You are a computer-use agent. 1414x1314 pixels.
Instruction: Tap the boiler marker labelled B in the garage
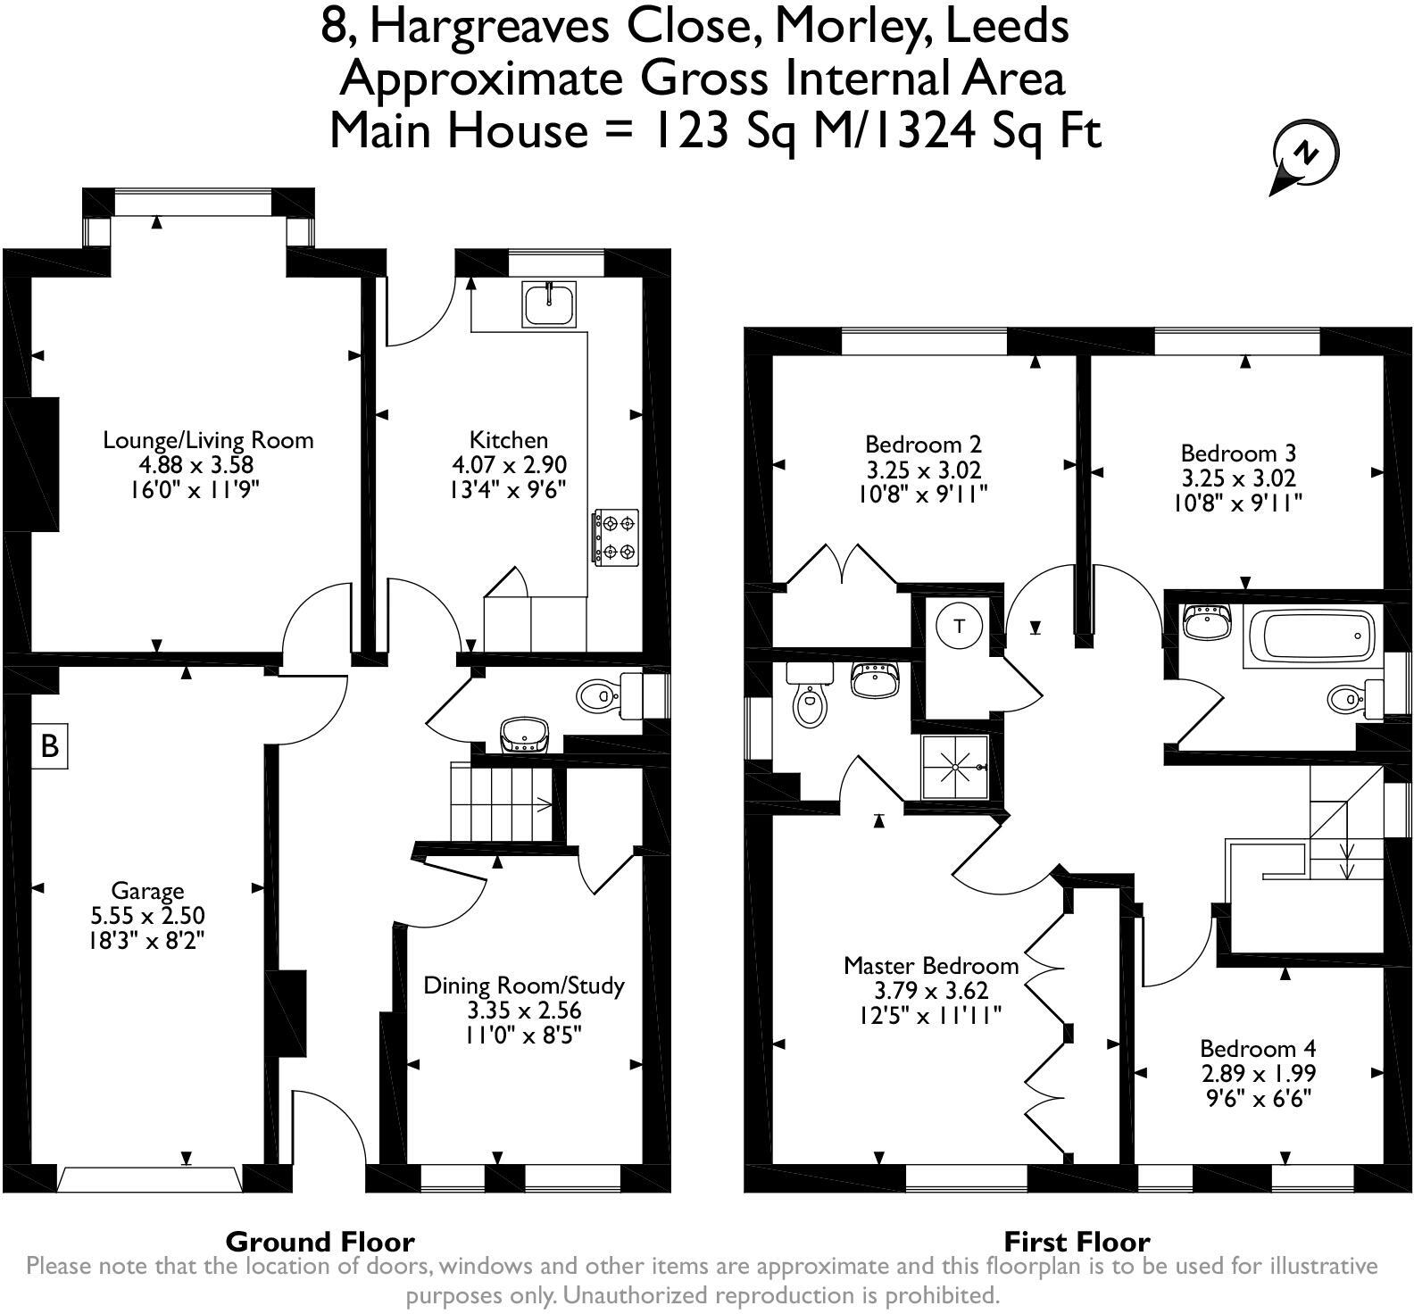(x=50, y=744)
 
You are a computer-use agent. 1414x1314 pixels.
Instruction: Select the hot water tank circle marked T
(x=960, y=626)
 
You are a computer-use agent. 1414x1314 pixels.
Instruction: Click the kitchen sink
(x=550, y=304)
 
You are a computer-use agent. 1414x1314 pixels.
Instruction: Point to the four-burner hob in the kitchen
(x=615, y=536)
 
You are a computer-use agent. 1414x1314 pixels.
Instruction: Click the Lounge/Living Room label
(x=208, y=440)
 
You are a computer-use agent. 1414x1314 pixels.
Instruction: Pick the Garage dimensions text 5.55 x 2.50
(x=147, y=915)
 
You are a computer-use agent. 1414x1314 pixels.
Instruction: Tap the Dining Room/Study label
(x=523, y=985)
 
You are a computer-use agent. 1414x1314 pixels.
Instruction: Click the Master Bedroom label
(x=931, y=965)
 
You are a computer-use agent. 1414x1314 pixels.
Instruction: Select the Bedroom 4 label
(x=1258, y=1048)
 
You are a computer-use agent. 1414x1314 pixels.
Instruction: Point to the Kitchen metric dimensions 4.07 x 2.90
(x=509, y=465)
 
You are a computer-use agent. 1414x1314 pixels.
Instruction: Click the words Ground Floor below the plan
(x=320, y=1242)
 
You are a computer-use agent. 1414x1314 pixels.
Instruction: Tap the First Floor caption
(x=1077, y=1242)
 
